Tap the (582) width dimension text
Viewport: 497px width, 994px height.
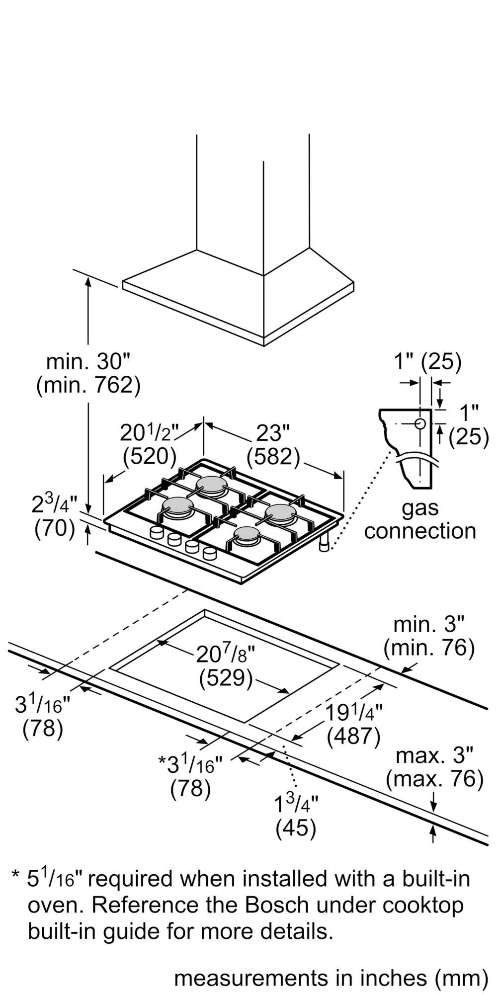tap(273, 456)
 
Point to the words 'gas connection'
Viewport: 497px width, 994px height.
tap(420, 519)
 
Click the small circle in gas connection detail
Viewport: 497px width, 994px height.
tap(420, 423)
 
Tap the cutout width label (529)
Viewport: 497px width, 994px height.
tap(226, 679)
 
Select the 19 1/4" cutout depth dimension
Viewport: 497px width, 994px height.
tap(354, 713)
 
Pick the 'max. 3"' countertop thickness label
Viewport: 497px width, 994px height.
tap(434, 756)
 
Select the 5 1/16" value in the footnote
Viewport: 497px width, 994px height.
tap(56, 879)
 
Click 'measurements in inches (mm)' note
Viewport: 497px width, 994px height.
tap(331, 978)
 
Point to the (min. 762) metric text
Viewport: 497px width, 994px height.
tap(88, 386)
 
